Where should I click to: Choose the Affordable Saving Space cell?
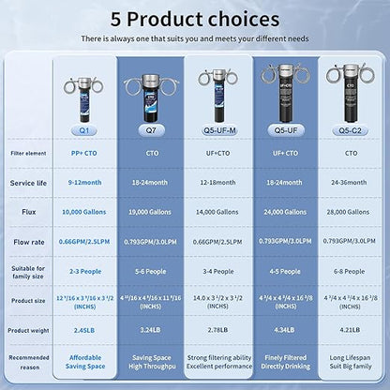click(85, 362)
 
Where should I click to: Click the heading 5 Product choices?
click(195, 18)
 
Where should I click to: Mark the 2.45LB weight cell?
click(85, 330)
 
